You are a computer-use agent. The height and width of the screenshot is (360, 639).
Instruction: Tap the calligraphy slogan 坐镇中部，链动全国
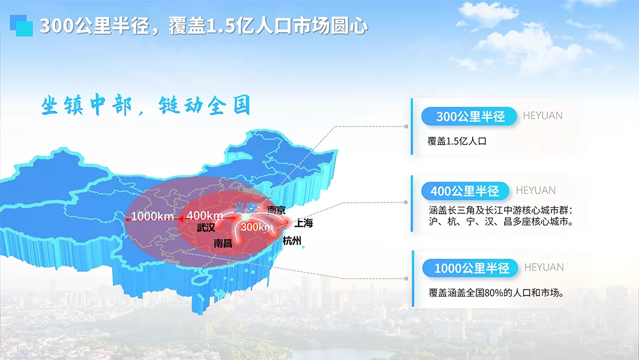(146, 105)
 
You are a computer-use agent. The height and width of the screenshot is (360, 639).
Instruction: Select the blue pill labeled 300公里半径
(470, 117)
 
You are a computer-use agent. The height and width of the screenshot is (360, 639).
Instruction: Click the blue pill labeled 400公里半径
(464, 191)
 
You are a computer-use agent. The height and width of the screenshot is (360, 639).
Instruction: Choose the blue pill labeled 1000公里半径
(472, 268)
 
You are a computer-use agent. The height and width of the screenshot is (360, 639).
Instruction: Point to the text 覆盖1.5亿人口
(456, 142)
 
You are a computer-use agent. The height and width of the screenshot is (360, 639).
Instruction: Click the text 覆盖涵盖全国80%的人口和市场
(495, 292)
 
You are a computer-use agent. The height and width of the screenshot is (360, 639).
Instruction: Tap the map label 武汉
(205, 227)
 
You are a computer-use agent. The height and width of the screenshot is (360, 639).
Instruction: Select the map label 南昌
(222, 243)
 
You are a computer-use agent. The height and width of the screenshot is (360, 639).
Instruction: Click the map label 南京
(276, 210)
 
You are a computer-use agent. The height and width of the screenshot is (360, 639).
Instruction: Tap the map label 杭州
(292, 240)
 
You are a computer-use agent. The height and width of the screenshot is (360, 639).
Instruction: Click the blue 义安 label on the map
(246, 207)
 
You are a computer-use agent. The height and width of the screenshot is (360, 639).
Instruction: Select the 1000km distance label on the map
(152, 217)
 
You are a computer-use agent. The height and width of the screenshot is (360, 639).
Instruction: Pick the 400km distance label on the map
(205, 215)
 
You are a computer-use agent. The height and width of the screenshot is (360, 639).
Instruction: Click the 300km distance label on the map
(257, 227)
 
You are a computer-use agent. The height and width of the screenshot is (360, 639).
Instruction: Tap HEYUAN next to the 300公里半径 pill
(543, 115)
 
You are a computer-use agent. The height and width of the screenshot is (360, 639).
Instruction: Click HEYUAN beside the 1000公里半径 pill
(544, 267)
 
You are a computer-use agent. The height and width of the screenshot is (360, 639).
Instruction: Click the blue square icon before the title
(22, 25)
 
